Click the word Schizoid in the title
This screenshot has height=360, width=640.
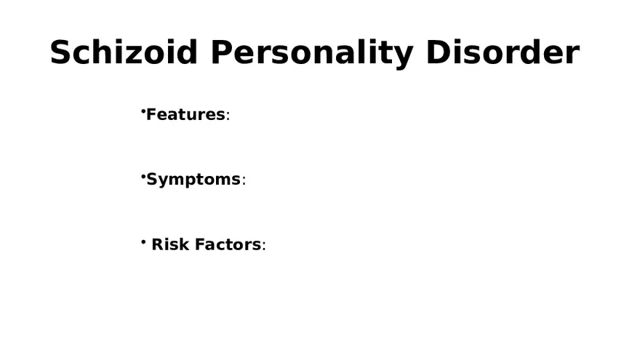tap(124, 53)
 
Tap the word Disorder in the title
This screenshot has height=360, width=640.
tap(502, 53)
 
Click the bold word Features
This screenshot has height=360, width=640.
tap(185, 115)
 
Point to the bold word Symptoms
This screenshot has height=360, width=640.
tap(193, 180)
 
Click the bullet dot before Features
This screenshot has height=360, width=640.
tap(143, 111)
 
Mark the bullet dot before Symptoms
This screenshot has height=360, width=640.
tap(143, 176)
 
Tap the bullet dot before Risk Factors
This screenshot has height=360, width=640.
tap(143, 241)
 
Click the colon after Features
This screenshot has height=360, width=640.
tap(228, 117)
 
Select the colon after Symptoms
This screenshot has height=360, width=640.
tap(244, 182)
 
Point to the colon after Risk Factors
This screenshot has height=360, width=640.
tap(264, 247)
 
